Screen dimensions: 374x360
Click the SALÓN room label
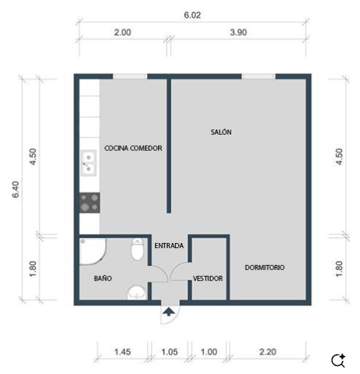(221, 132)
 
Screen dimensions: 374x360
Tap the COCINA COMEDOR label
(133, 148)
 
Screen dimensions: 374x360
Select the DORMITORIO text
(264, 267)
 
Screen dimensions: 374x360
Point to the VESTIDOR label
(208, 279)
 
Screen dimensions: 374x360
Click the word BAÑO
(102, 279)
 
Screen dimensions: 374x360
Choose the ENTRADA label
(169, 245)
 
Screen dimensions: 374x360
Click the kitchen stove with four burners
(89, 202)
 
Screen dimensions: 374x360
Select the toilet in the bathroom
(136, 250)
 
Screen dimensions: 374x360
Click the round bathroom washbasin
(136, 294)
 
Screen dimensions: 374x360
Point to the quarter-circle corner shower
(93, 252)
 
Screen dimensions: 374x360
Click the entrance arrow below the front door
(168, 313)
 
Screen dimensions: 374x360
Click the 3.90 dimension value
(238, 32)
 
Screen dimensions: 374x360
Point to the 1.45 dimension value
(123, 352)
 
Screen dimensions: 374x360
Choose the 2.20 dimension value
(268, 352)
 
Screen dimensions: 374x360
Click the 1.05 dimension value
(170, 352)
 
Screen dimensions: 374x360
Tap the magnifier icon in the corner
(338, 360)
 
